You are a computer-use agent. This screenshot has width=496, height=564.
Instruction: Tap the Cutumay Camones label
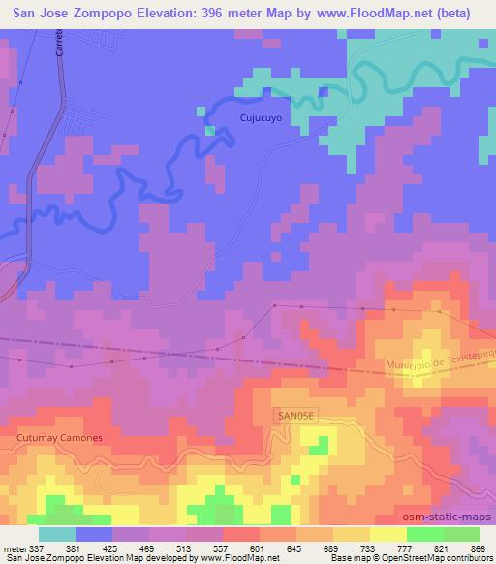[x=59, y=438]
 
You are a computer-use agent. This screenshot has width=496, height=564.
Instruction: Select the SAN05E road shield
[x=296, y=414]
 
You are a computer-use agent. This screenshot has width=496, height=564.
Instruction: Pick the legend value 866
[x=479, y=548]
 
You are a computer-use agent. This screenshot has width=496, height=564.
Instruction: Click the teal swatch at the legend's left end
[x=56, y=534]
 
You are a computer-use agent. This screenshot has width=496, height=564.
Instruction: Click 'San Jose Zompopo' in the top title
[x=73, y=12]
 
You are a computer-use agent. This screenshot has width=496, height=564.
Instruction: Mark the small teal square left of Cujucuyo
[x=209, y=130]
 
